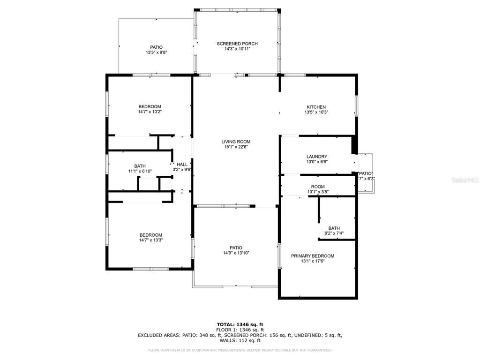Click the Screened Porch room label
(x=237, y=44)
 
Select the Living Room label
(x=236, y=142)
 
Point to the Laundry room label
(x=317, y=157)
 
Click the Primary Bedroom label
(x=312, y=256)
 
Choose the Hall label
(x=182, y=164)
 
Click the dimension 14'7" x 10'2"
(x=150, y=112)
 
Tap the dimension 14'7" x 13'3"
(x=150, y=240)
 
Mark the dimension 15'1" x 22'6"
(x=236, y=147)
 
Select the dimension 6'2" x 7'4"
(x=334, y=233)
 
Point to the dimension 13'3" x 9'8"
(x=156, y=52)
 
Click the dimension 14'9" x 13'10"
(x=236, y=253)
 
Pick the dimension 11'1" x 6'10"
(x=140, y=171)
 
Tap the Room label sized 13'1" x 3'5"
(x=317, y=187)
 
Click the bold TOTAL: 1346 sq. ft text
(x=240, y=324)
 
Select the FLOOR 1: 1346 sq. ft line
(x=240, y=330)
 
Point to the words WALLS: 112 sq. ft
(x=240, y=340)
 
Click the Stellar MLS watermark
(x=464, y=179)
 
